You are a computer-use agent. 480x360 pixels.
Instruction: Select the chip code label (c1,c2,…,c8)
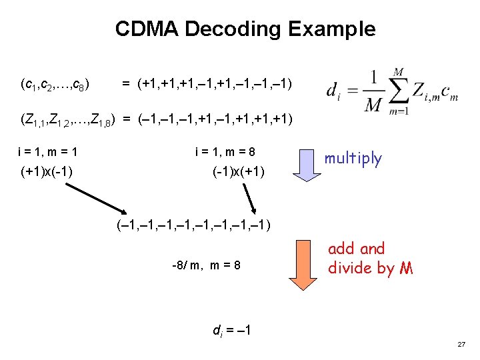56,85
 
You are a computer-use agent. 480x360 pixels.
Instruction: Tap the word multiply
353,159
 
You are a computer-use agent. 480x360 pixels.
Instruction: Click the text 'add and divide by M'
370,258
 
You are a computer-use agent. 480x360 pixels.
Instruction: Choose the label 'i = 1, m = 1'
49,151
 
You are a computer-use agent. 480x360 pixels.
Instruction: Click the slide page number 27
461,344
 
